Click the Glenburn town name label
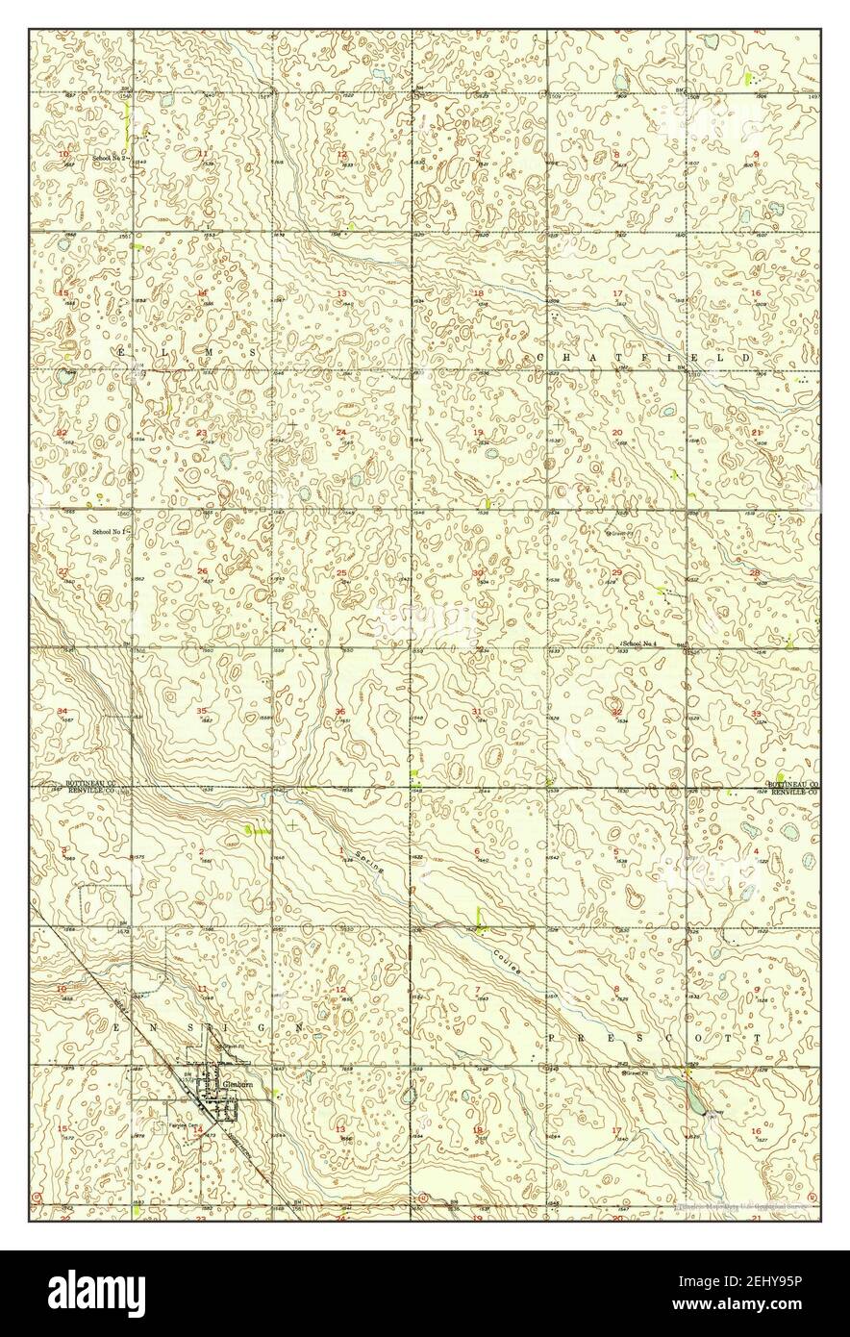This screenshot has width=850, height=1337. (236, 1082)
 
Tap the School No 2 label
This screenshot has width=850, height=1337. (111, 157)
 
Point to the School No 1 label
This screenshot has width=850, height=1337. (111, 531)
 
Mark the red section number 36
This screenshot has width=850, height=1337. (340, 711)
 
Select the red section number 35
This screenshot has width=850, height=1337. (202, 711)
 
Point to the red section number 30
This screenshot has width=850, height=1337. (478, 573)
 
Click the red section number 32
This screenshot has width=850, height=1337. (616, 711)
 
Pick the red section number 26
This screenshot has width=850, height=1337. (202, 572)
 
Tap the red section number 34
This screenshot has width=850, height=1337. (62, 711)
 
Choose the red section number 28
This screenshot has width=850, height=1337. (755, 573)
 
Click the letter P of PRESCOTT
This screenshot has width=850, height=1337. (552, 1039)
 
